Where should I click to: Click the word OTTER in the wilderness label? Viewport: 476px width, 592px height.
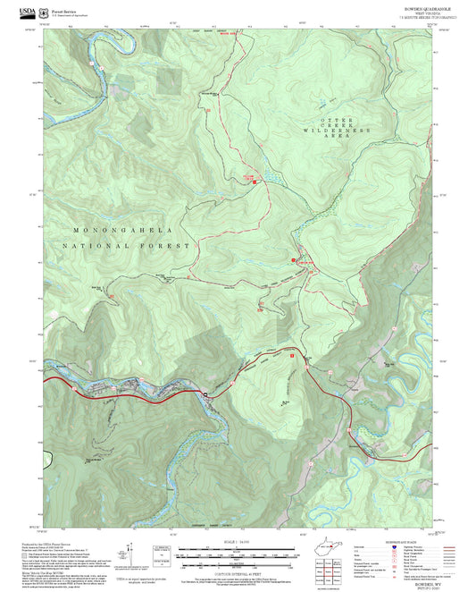[346, 119]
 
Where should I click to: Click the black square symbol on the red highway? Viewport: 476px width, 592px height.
[205, 393]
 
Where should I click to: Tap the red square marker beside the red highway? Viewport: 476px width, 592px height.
[291, 355]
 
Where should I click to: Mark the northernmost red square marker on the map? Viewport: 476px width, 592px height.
[254, 183]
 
